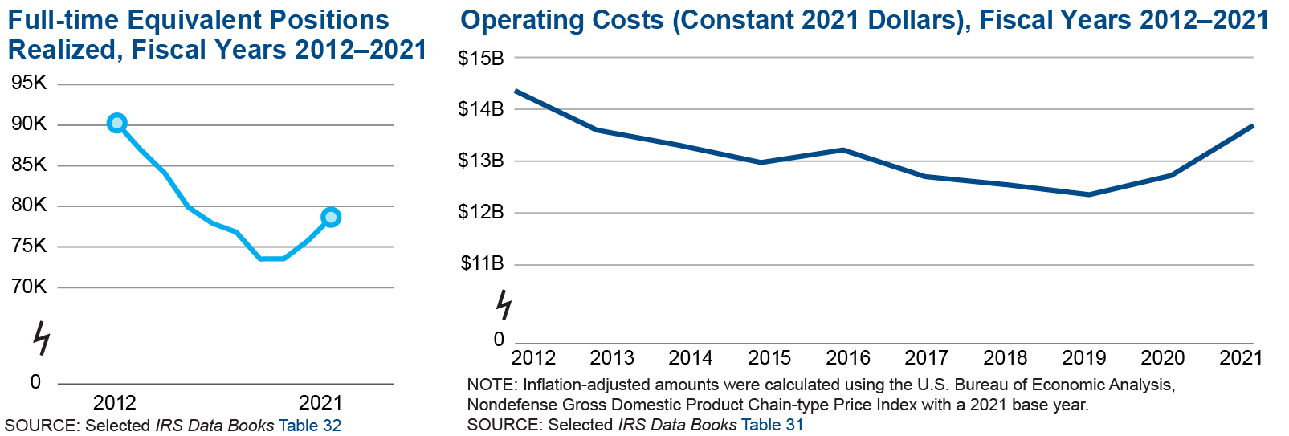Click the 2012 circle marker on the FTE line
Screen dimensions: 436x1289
point(116,123)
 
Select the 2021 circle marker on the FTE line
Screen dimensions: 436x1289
point(330,217)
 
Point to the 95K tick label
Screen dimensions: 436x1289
point(29,84)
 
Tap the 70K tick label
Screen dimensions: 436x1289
point(29,287)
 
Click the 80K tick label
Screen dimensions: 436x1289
point(29,206)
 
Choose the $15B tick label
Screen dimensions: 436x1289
point(480,58)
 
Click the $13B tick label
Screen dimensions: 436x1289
point(480,161)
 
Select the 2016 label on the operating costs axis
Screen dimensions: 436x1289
point(848,357)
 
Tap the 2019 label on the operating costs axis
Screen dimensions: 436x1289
point(1084,357)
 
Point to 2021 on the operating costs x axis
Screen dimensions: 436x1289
point(1241,357)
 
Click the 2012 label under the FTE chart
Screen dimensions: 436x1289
point(115,402)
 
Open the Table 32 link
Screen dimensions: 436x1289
point(310,426)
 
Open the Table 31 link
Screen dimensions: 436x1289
point(772,425)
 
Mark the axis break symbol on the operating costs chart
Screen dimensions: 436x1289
point(504,305)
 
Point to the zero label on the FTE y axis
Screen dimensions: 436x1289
point(35,382)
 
